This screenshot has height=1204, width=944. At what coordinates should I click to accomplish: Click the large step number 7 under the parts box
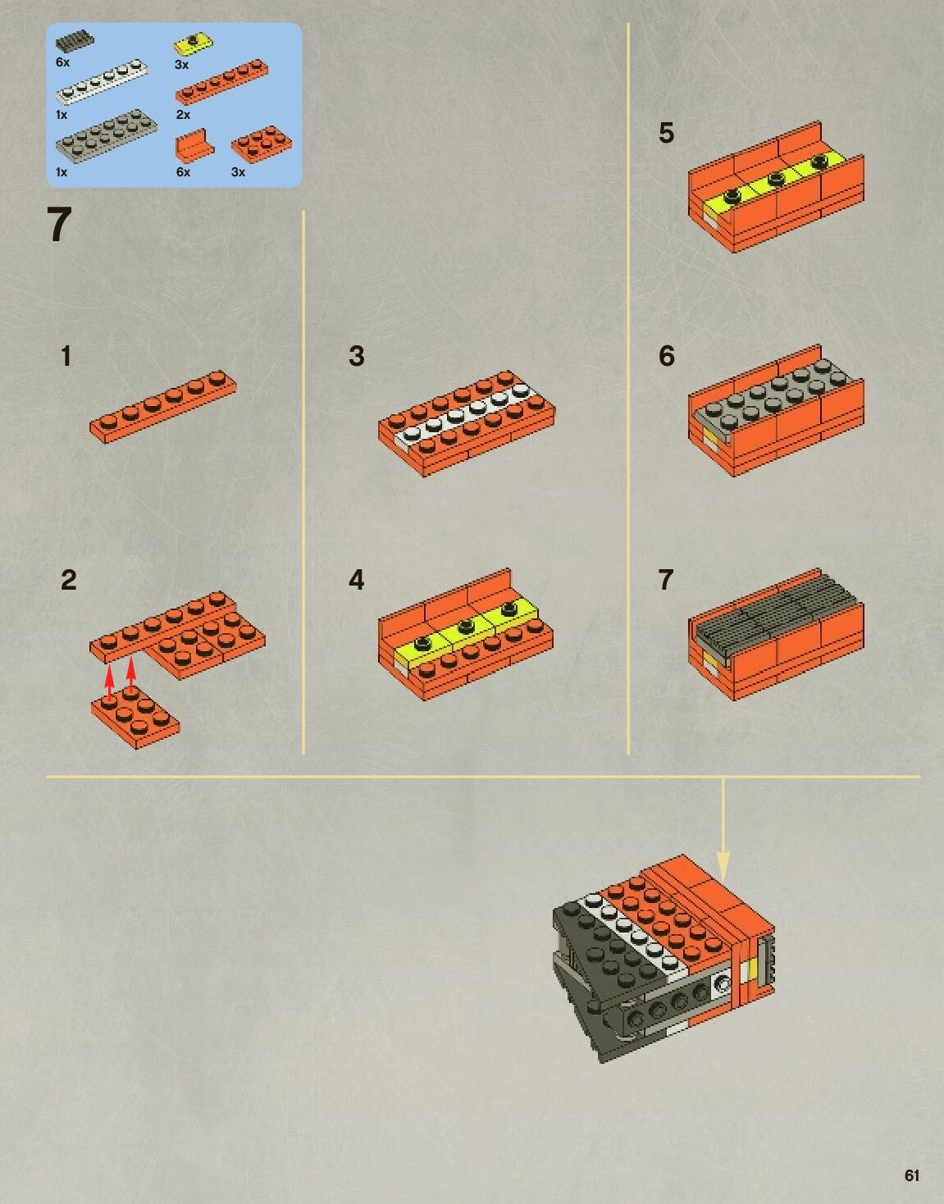(x=59, y=225)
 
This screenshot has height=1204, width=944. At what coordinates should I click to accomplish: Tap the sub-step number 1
(x=66, y=356)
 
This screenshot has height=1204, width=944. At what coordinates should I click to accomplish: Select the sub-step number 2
(x=68, y=580)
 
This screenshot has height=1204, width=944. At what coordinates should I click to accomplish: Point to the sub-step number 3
(x=356, y=356)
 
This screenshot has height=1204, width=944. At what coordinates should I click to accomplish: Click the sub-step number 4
(x=356, y=580)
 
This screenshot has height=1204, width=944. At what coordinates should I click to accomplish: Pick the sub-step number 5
(x=667, y=133)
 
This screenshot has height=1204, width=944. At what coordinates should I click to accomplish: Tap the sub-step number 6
(x=667, y=356)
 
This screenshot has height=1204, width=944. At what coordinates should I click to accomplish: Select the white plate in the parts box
(x=102, y=81)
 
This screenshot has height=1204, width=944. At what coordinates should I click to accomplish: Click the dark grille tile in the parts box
(x=75, y=43)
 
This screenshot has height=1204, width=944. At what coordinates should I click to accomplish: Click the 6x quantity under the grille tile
(x=62, y=62)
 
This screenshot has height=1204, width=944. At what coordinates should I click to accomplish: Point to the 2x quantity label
(x=184, y=115)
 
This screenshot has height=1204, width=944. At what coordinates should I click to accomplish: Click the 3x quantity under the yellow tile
(x=182, y=65)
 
